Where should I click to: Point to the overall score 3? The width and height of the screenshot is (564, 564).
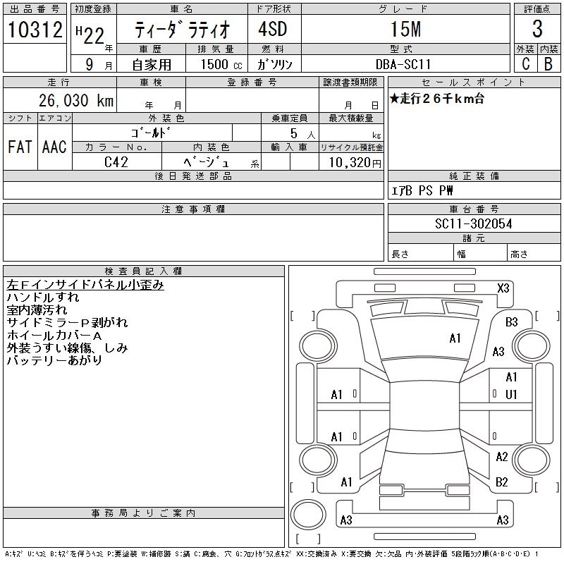coord(537,30)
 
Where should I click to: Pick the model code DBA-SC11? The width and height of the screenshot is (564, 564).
coord(403,63)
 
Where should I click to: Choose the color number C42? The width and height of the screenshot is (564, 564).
coord(117,161)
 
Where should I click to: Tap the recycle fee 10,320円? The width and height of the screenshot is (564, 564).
coord(351,162)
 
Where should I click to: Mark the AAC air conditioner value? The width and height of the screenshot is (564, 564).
coord(54,147)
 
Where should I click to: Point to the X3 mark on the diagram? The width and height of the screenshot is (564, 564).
coord(503,288)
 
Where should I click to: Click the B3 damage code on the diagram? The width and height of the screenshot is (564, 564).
coord(512,322)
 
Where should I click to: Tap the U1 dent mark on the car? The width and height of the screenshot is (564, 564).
coord(512,394)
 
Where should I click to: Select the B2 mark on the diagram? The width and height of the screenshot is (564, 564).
coord(502,482)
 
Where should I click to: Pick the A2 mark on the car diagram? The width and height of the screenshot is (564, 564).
coord(502,457)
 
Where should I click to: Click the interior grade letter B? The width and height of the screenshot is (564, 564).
coord(548,63)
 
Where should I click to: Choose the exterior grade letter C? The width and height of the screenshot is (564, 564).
coord(525,63)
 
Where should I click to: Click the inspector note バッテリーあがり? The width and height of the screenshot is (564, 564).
coord(54,360)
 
